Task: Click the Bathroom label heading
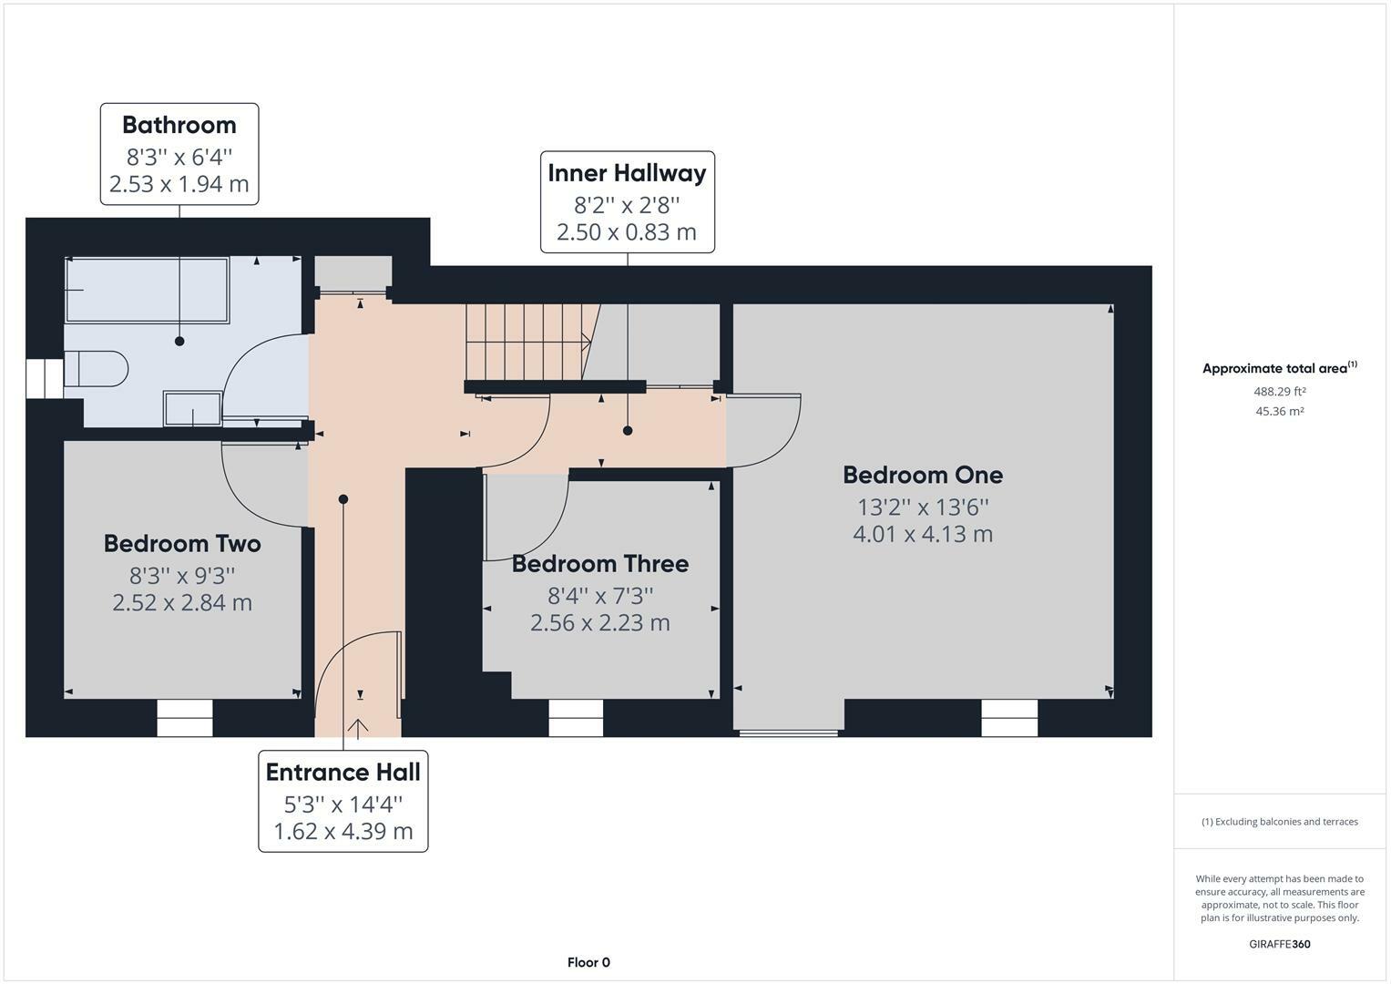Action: (x=179, y=125)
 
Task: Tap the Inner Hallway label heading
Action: (x=628, y=173)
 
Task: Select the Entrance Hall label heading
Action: (x=343, y=773)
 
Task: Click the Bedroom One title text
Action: (x=923, y=476)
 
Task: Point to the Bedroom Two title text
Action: (x=182, y=544)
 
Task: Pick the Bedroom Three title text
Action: (x=600, y=564)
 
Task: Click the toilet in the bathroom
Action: (x=97, y=369)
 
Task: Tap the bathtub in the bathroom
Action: (x=148, y=290)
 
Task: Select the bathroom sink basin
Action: (x=192, y=408)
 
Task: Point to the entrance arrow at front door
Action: (x=358, y=728)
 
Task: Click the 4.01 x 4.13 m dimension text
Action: (x=923, y=534)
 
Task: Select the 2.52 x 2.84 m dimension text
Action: (x=182, y=602)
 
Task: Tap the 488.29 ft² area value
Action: (x=1279, y=392)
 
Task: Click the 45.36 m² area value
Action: (x=1279, y=411)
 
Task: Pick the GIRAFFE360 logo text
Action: (x=1279, y=944)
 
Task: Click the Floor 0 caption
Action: (x=588, y=962)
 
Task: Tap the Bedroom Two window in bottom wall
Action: (x=184, y=718)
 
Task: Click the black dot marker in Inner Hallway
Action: (x=628, y=430)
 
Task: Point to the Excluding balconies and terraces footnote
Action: (x=1279, y=822)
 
